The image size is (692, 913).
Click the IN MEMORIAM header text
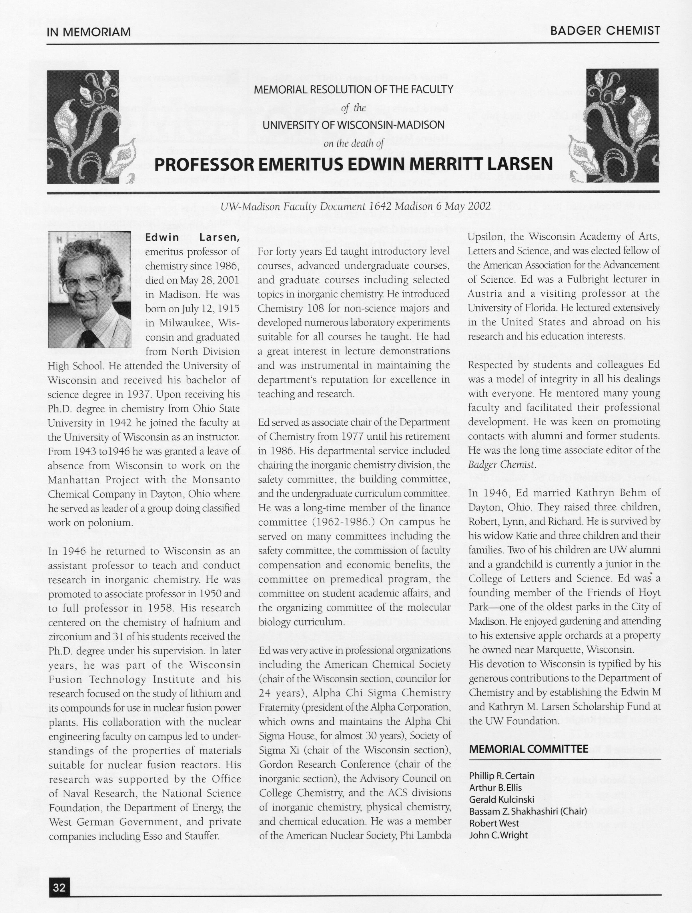pos(89,32)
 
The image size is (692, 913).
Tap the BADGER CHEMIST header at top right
pos(605,31)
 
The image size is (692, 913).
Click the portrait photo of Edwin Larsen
pos(90,290)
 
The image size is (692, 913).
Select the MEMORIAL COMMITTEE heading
pos(529,749)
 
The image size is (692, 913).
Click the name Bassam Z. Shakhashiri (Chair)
pos(528,811)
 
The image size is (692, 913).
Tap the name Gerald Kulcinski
pos(502,799)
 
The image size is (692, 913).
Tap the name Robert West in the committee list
pos(494,823)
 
